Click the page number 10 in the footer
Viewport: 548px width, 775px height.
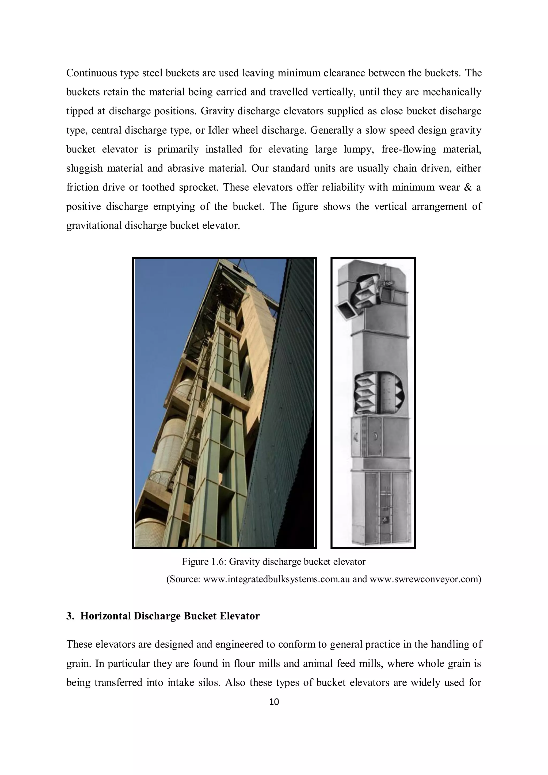274,702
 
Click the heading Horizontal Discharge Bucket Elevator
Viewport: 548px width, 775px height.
170,616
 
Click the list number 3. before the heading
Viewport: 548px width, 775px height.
70,616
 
